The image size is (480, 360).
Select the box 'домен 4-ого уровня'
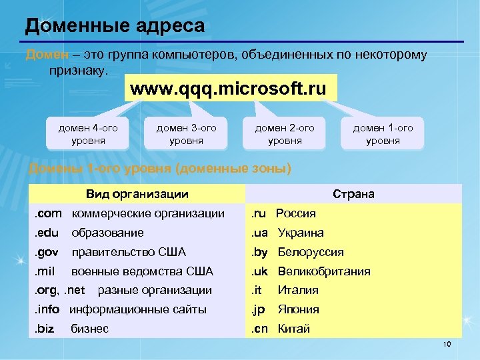[x=88, y=134]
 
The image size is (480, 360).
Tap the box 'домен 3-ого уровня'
[x=186, y=134]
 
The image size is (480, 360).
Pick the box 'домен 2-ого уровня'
[x=285, y=134]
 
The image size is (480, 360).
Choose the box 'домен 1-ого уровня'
[x=383, y=134]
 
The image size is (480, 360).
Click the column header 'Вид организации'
[x=137, y=194]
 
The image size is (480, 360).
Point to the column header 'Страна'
[x=353, y=194]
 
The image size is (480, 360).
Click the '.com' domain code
[x=48, y=213]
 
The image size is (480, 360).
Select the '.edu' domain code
[x=47, y=233]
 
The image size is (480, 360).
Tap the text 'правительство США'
[x=129, y=252]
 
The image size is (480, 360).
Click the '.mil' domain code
[x=45, y=271]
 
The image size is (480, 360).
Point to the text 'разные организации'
[x=155, y=290]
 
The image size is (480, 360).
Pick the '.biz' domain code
[x=45, y=329]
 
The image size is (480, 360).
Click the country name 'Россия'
[x=296, y=213]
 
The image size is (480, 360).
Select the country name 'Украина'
[x=301, y=233]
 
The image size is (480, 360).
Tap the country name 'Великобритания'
[x=323, y=271]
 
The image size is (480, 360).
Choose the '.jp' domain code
[x=258, y=309]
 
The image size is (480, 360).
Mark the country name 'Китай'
[x=294, y=329]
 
